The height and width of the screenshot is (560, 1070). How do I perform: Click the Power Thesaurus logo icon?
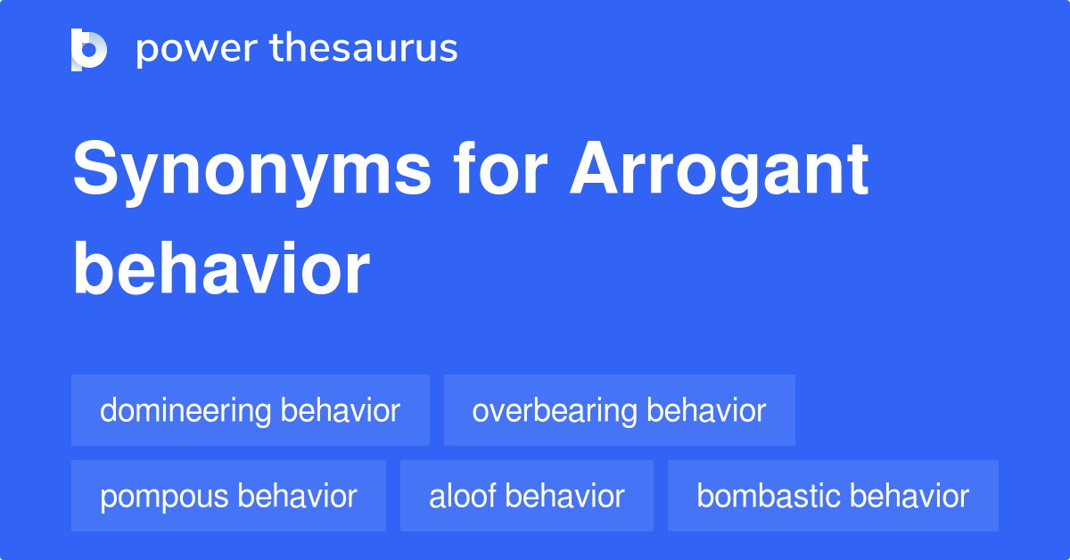pos(89,49)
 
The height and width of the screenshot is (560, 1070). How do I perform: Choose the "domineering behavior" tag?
pos(250,410)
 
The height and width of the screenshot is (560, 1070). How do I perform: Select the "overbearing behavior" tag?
pos(619,410)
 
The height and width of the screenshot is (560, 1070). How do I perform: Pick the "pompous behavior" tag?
pos(228,496)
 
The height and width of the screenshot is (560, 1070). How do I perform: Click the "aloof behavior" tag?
pos(526,496)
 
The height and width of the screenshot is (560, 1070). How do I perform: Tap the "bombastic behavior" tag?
pos(833,496)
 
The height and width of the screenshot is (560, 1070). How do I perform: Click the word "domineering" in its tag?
pos(185,410)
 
